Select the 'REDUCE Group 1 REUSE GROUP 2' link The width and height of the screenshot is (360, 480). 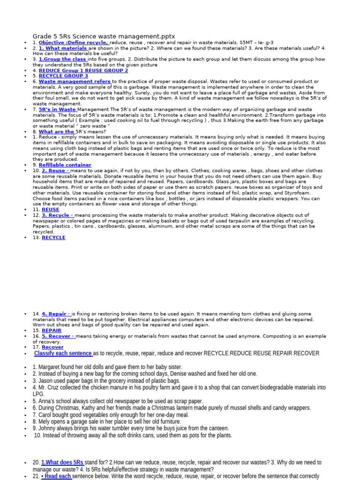83,70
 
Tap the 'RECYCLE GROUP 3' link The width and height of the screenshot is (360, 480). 63,76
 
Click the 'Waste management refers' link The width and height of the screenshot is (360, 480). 75,82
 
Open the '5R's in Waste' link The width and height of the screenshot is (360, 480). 57,109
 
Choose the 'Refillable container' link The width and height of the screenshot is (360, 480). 65,165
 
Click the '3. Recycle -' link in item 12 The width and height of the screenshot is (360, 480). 57,215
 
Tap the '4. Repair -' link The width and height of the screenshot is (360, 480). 56,314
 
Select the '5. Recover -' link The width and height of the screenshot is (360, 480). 58,336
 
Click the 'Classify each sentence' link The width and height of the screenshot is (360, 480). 63,353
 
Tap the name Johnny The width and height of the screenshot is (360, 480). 46,428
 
